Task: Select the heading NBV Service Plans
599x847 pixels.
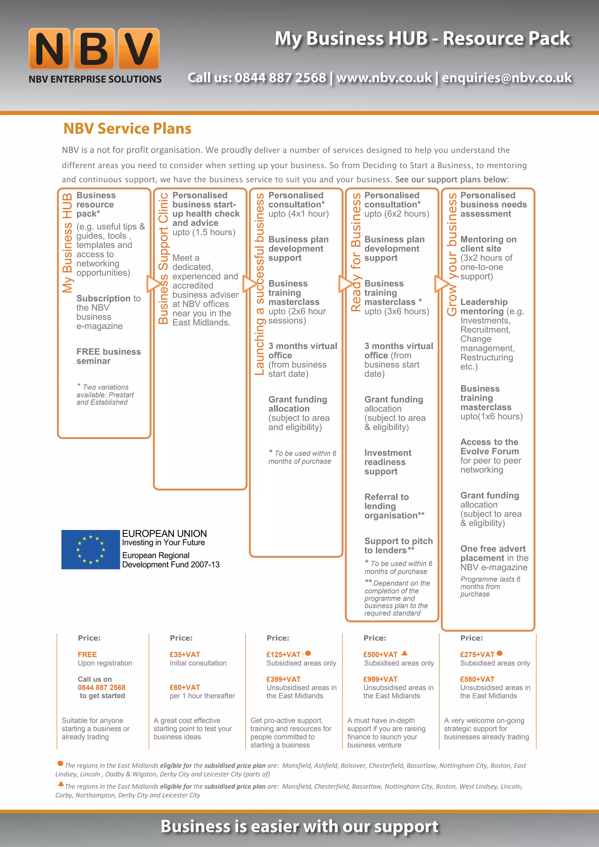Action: [x=127, y=128]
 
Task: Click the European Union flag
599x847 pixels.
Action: [x=90, y=549]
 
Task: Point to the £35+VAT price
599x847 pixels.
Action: [x=185, y=655]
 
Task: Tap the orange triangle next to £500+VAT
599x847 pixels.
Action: [x=404, y=653]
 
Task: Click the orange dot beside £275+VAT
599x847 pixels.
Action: [x=500, y=653]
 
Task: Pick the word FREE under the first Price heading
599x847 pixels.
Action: [x=87, y=655]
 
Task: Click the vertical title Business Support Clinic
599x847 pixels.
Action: [x=163, y=258]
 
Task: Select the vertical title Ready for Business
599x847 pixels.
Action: [x=356, y=252]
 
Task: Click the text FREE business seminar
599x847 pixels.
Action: [x=109, y=356]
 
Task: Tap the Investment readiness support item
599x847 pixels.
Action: [x=388, y=462]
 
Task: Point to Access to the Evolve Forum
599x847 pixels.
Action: [x=489, y=446]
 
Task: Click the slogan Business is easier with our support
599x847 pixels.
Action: [x=299, y=826]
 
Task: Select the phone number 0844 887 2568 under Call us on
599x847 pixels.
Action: [x=101, y=687]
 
